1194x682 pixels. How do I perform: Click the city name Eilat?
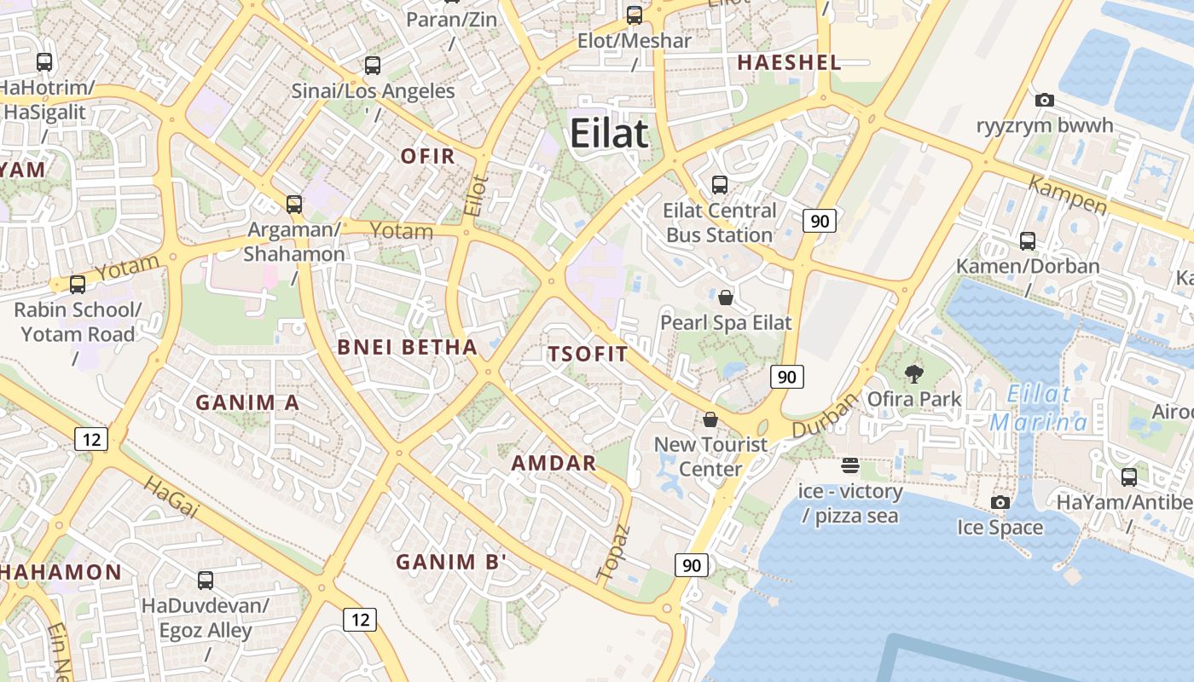(609, 134)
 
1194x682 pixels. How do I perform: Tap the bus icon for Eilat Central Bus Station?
(719, 184)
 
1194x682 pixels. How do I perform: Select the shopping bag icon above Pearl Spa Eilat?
(725, 298)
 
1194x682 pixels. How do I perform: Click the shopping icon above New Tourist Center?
(710, 419)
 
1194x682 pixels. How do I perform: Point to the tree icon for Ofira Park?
(914, 373)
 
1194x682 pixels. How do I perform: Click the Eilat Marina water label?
(1038, 408)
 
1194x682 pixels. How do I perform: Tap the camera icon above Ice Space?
(1000, 502)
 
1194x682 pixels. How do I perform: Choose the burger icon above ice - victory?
(849, 465)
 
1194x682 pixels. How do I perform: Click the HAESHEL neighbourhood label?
(789, 62)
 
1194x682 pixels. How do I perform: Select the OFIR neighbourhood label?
(428, 156)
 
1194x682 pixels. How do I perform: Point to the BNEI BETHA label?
(407, 347)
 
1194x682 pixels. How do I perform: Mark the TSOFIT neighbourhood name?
(588, 355)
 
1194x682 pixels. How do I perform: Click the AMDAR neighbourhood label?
(554, 463)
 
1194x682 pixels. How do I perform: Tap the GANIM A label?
(247, 402)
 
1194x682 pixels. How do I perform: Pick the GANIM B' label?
(451, 562)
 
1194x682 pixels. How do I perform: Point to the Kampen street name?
(1067, 195)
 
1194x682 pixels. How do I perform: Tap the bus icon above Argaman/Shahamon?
(294, 204)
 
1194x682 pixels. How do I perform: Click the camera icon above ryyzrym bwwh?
(1044, 101)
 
